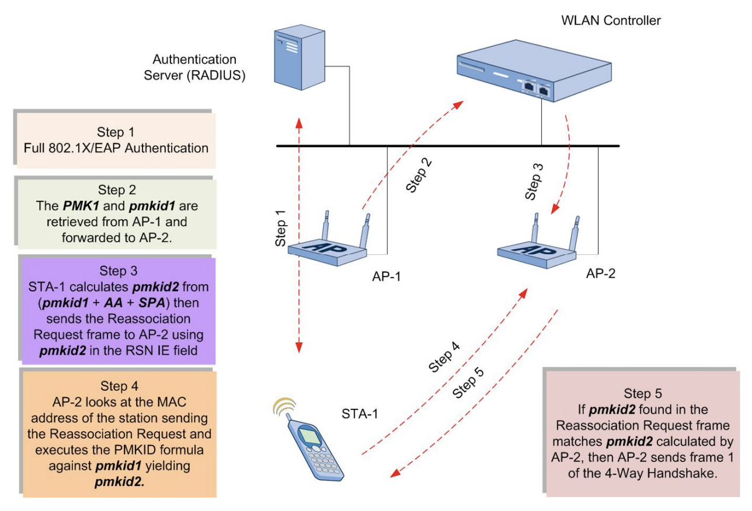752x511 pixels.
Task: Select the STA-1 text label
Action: coord(361,414)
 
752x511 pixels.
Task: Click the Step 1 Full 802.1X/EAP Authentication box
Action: coord(116,141)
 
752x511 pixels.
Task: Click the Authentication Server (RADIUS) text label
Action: coord(194,68)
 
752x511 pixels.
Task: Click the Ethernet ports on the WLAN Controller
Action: coord(535,87)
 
